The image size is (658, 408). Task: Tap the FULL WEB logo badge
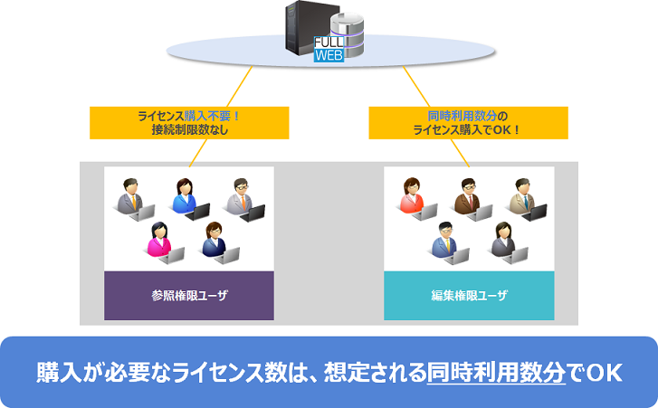pos(327,49)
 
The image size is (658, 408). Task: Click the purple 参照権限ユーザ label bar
pos(188,295)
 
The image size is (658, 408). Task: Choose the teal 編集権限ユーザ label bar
pos(468,295)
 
